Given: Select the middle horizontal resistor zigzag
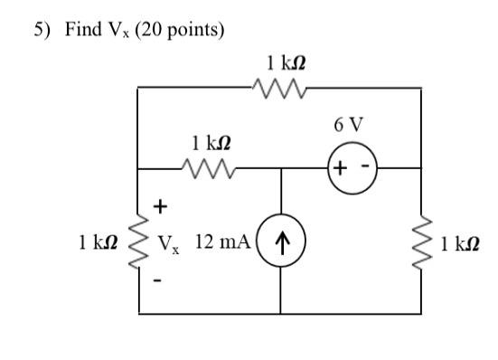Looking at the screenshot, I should (209, 167).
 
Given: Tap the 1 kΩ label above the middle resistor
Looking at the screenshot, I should (209, 143).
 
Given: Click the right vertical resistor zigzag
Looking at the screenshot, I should (422, 242).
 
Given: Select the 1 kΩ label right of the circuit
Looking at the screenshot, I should (460, 243).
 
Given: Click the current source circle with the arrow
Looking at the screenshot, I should (281, 242).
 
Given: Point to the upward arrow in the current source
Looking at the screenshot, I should (281, 242).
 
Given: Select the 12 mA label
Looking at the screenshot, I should (221, 242).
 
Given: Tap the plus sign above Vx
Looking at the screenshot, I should (160, 207).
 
